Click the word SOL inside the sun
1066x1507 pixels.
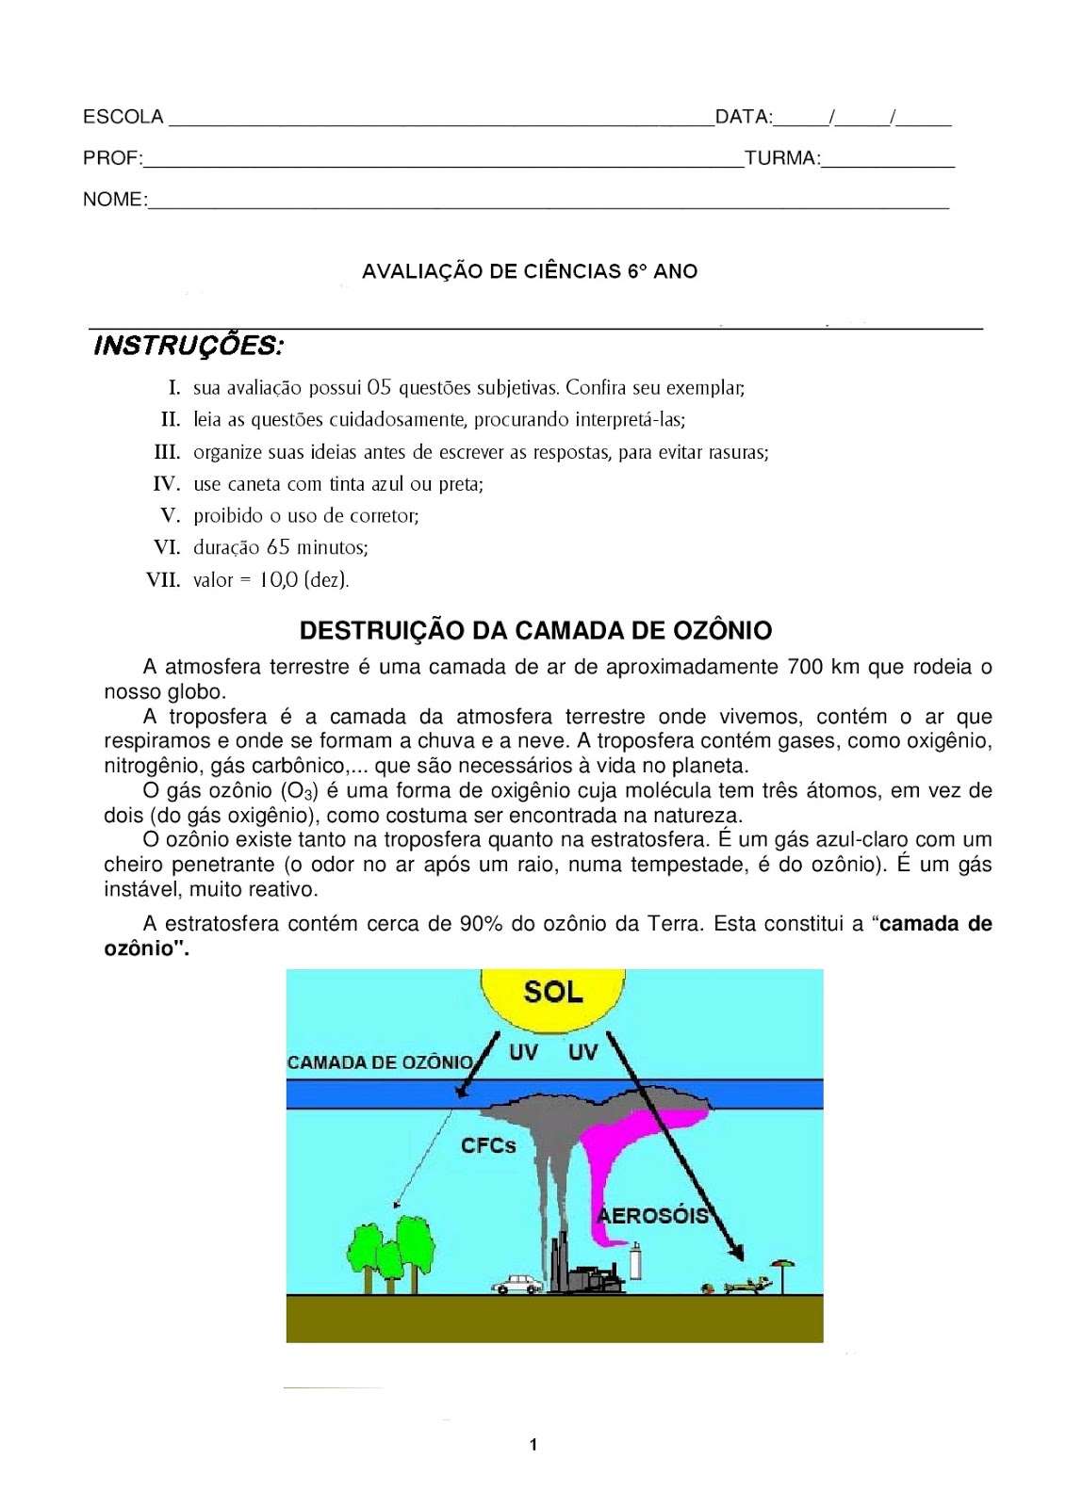553,992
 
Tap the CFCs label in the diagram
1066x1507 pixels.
488,1145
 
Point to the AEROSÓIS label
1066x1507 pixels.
654,1215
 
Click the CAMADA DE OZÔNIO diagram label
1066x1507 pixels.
380,1062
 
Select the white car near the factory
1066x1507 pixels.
517,1283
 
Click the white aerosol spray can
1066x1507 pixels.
635,1260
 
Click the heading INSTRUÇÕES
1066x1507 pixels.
189,346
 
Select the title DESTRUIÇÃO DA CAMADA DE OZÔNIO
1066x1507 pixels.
535,630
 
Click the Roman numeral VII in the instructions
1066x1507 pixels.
163,580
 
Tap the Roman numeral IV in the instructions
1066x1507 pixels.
166,484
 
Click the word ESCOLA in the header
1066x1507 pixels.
123,117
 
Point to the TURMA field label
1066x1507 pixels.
781,158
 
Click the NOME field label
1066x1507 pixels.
114,200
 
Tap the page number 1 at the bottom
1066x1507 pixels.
533,1445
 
